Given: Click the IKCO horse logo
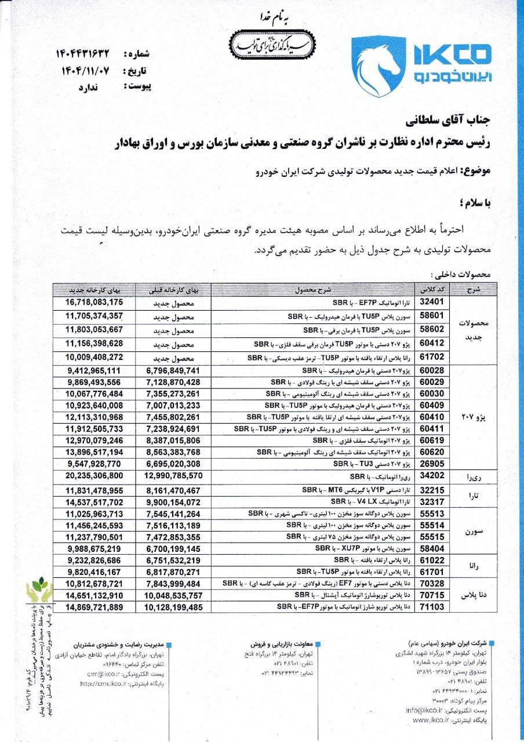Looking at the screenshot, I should click(x=378, y=66).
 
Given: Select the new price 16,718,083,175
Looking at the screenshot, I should click(x=94, y=302).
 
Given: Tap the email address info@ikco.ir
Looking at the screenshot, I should click(x=428, y=710).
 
